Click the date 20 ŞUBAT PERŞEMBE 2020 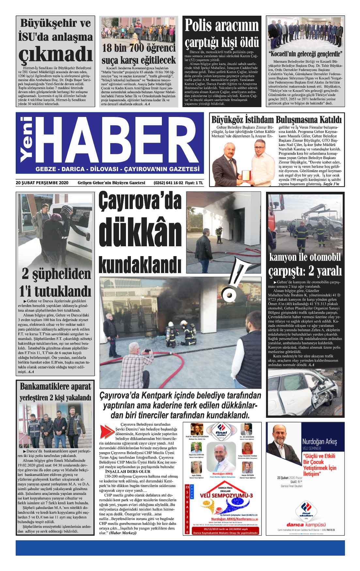42,183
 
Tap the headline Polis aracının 222,26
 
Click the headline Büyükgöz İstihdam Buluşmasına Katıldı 277,119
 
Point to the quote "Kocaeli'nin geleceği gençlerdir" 305,53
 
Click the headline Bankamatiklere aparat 55,387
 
